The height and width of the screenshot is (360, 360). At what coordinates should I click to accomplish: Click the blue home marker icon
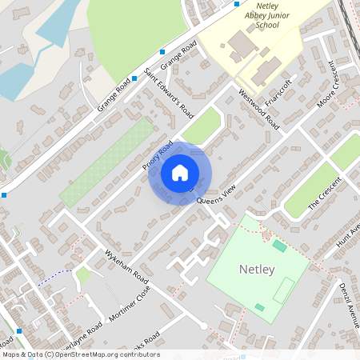click(180, 173)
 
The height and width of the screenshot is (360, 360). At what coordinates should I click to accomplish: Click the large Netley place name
click(257, 270)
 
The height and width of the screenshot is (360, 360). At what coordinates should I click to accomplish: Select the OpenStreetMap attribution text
click(80, 354)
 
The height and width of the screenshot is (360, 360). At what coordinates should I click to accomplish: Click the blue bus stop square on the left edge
click(3, 194)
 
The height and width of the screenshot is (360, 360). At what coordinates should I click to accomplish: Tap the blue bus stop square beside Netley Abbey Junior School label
click(237, 3)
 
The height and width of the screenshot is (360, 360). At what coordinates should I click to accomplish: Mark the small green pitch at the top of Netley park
click(279, 246)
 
